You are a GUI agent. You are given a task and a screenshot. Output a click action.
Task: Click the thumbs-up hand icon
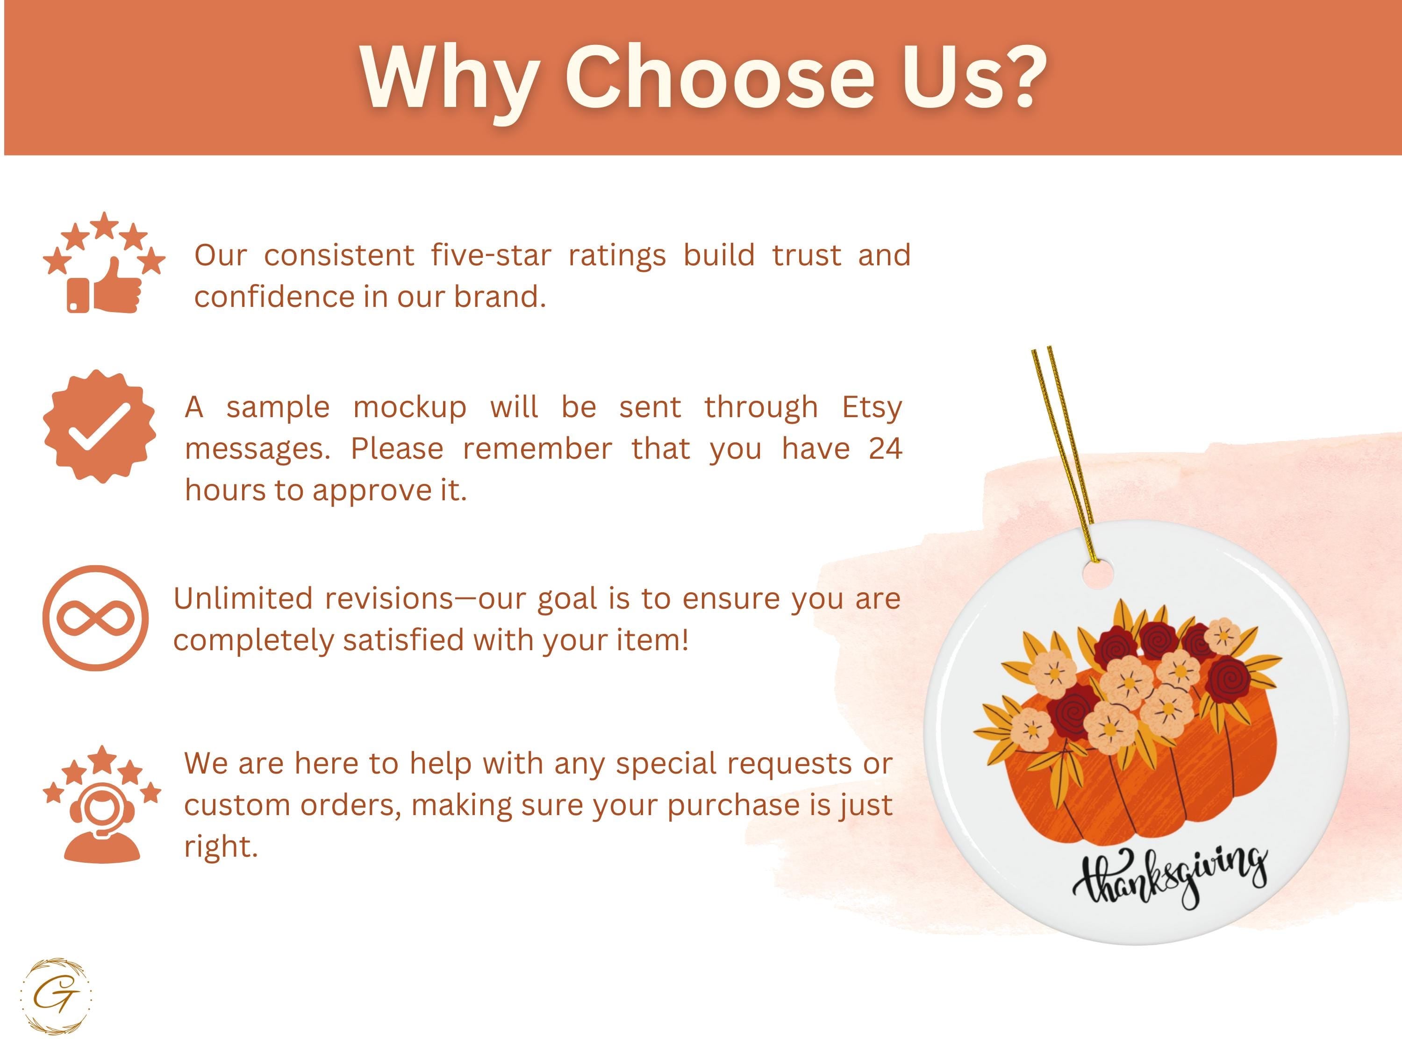118,286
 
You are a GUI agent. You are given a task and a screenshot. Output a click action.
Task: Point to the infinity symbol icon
96,618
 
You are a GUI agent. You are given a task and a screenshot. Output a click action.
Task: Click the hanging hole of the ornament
1097,575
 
